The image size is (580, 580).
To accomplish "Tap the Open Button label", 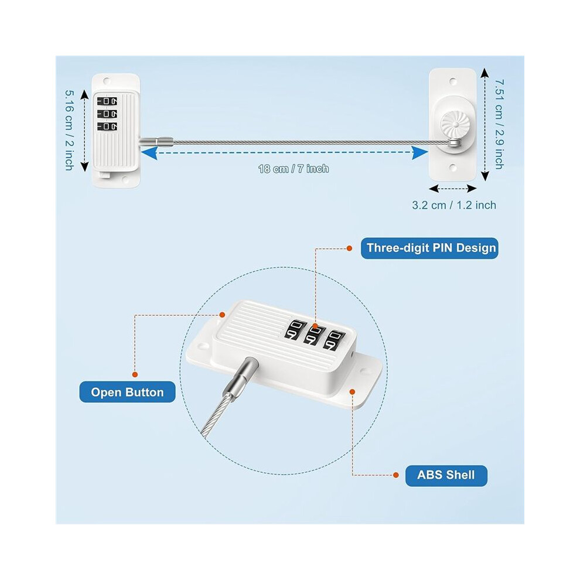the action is pos(127,392).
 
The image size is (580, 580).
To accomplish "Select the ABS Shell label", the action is pos(446,475).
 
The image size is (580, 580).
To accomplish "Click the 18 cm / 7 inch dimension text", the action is pos(294,169).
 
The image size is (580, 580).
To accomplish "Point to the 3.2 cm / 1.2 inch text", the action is pos(454,205).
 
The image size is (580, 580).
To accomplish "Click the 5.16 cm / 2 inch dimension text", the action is pos(69,130).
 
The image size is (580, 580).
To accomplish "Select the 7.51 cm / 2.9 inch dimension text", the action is pos(499,124).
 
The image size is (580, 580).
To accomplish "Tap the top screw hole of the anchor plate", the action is pos(453,81).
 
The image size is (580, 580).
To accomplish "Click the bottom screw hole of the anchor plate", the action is pos(453,168).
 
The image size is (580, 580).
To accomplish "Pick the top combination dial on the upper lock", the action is pos(107,101).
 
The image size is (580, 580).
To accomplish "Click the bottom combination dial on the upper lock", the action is pos(107,127).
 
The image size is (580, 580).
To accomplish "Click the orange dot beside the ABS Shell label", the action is pos(396,475).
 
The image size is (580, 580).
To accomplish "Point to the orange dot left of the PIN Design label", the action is pos(349,248).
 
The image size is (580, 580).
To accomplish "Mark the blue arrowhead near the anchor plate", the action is pos(420,152).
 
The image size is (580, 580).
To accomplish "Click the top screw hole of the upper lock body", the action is pos(107,80).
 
